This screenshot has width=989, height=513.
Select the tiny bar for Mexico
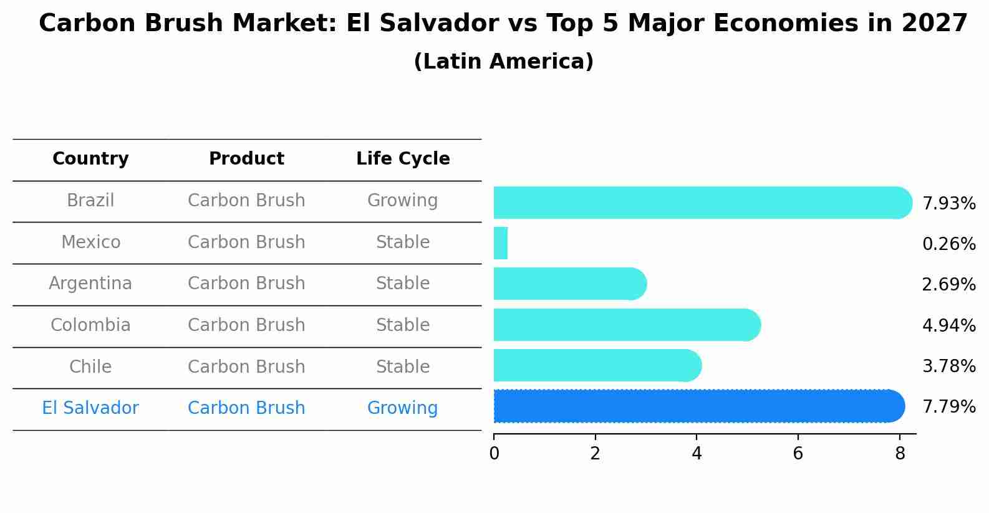click(501, 243)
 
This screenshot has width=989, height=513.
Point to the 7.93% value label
click(948, 204)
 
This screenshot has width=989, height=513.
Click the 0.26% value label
click(948, 244)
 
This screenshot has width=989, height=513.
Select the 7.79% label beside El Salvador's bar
click(948, 407)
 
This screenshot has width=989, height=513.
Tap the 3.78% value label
click(948, 367)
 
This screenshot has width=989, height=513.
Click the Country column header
click(90, 159)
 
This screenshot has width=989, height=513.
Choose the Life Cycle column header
click(403, 159)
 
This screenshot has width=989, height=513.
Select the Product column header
click(246, 159)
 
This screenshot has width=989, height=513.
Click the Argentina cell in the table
click(90, 284)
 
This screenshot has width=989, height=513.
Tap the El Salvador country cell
click(90, 408)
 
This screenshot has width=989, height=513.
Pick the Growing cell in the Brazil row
click(402, 201)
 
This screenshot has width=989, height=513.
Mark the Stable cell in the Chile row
click(402, 367)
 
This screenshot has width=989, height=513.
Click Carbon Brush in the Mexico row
click(246, 242)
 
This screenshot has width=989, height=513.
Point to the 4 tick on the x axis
click(697, 454)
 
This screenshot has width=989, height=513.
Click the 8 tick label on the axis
click(899, 454)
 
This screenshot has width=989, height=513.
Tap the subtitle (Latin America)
click(503, 62)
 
